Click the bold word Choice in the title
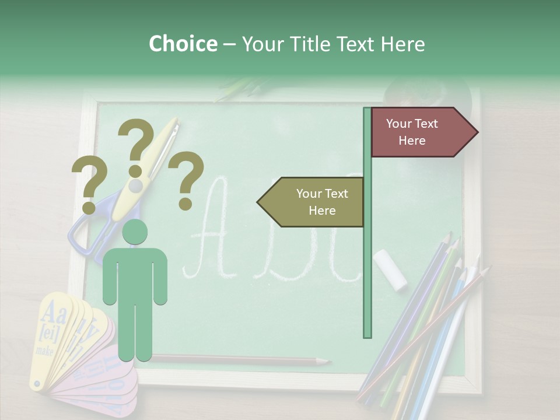(183, 44)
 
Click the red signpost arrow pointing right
(420, 132)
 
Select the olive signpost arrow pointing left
(312, 202)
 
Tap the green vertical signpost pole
(367, 262)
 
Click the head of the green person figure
(135, 232)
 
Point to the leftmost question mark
(89, 185)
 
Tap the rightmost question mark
(186, 179)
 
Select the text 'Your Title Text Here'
(333, 44)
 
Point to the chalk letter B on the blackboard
(274, 233)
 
